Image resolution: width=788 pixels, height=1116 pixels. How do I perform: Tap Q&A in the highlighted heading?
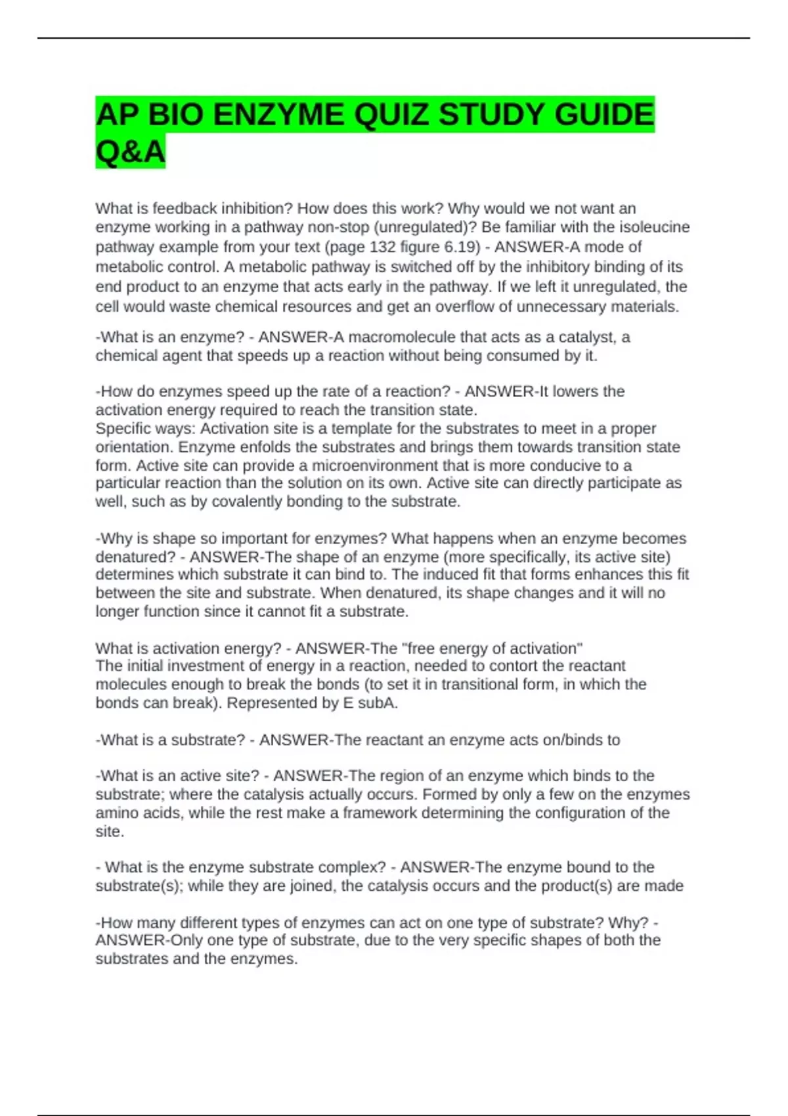[x=130, y=152]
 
